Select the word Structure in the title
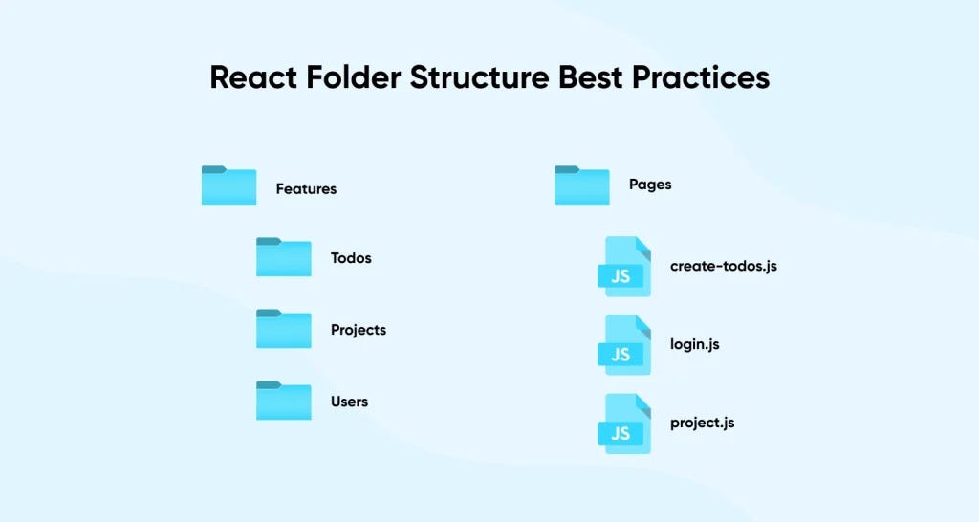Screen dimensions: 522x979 click(482, 77)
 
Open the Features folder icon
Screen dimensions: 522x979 click(228, 185)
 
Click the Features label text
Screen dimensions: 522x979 click(306, 189)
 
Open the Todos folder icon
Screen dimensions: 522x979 click(283, 257)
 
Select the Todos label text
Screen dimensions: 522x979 click(351, 258)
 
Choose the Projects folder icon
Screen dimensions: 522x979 click(283, 329)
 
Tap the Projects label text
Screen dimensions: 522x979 click(359, 330)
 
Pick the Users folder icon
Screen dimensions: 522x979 click(283, 401)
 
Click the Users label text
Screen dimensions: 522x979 click(349, 402)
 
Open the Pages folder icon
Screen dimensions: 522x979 click(581, 185)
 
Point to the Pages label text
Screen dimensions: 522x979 click(650, 185)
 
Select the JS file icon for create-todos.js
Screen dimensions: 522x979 click(624, 266)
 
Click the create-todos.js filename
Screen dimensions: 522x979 click(724, 266)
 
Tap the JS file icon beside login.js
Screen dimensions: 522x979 click(624, 344)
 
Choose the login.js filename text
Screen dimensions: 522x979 click(694, 344)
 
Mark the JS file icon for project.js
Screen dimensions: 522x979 click(624, 423)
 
